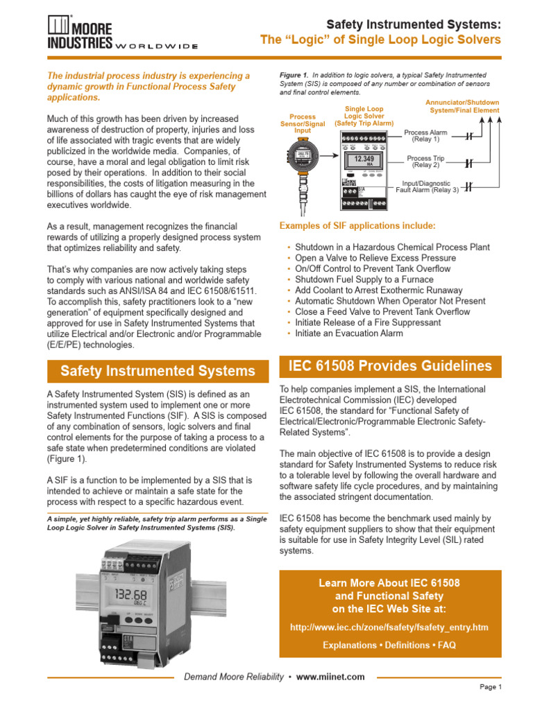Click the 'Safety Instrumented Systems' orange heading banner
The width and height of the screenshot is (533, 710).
158,371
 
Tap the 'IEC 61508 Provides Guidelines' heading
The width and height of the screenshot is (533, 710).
389,366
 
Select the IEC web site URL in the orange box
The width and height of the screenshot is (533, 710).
389,627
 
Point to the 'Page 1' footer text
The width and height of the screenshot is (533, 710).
490,687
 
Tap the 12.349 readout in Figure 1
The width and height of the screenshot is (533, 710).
364,159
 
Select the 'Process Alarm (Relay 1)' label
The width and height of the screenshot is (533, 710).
425,135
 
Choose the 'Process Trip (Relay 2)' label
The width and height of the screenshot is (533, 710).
425,162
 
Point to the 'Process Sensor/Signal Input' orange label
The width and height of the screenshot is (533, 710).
303,123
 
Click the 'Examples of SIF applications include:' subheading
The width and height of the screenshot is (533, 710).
357,226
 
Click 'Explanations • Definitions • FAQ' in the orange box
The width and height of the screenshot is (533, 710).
389,645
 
